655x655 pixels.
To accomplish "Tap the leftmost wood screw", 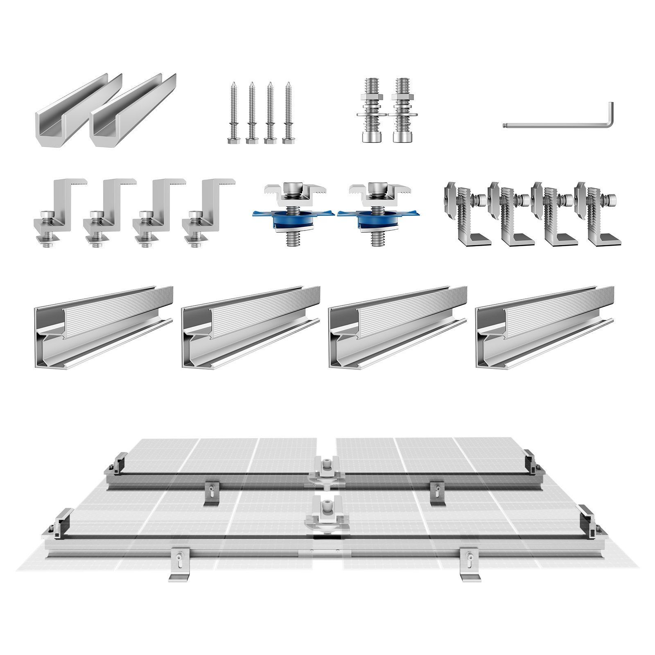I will pos(232,113).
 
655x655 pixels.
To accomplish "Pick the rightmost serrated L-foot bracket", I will pos(598,215).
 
